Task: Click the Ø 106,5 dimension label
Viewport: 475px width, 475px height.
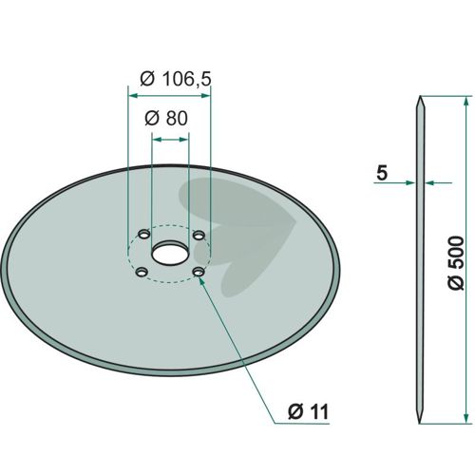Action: pos(176,79)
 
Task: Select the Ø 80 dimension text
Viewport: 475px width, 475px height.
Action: pos(166,119)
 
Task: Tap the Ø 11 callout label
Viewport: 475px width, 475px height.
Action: pos(309,411)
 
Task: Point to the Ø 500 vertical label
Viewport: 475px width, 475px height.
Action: pos(456,262)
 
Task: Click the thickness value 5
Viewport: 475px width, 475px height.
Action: pos(382,173)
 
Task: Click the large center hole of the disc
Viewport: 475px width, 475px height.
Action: pos(170,253)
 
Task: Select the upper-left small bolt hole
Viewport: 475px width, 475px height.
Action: pos(144,235)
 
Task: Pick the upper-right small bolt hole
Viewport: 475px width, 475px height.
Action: pos(199,236)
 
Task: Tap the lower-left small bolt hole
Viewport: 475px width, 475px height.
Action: pos(142,272)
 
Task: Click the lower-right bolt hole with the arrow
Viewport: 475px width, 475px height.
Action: pos(199,272)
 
